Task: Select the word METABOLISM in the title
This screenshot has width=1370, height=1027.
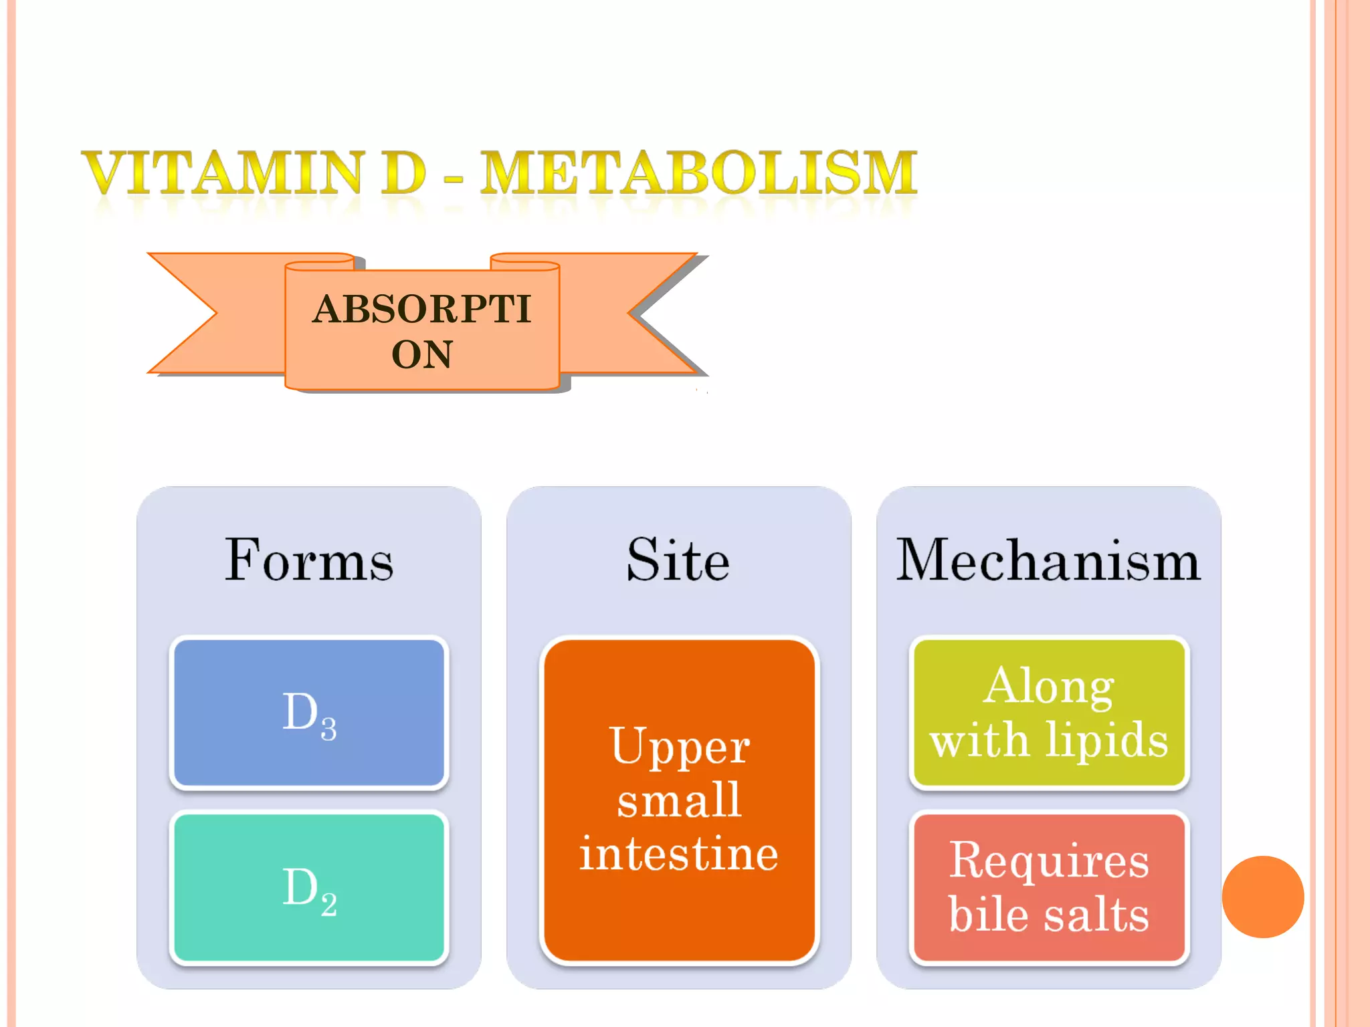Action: pyautogui.click(x=698, y=173)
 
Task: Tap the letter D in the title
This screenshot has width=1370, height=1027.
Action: pyautogui.click(x=403, y=173)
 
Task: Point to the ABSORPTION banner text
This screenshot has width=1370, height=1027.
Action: pyautogui.click(x=422, y=331)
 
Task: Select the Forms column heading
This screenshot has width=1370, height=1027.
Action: pyautogui.click(x=309, y=560)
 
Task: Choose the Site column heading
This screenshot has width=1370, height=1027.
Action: pyautogui.click(x=678, y=560)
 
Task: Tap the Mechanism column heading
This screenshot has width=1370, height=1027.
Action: pyautogui.click(x=1048, y=560)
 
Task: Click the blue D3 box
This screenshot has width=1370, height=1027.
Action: pyautogui.click(x=309, y=713)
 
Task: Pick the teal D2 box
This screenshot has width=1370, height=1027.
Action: pyautogui.click(x=309, y=888)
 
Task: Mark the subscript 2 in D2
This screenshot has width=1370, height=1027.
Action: pyautogui.click(x=329, y=904)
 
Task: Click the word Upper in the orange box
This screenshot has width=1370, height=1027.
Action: pyautogui.click(x=680, y=747)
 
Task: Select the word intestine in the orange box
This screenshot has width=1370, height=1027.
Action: pyautogui.click(x=679, y=854)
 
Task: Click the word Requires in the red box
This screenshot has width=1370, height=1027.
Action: pyautogui.click(x=1049, y=861)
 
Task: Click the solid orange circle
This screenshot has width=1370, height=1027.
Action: pyautogui.click(x=1262, y=897)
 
